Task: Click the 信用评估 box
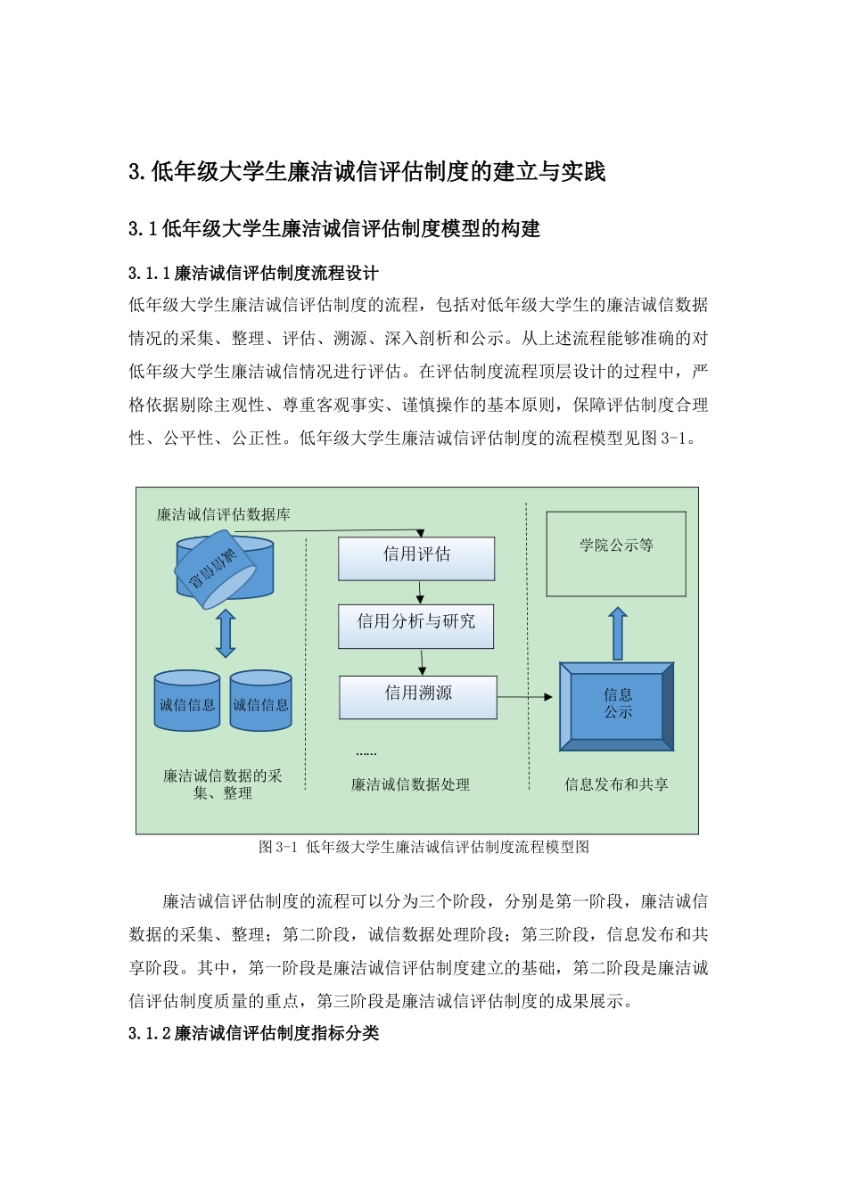(x=416, y=559)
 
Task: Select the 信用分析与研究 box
(x=415, y=626)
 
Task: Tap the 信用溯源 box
(x=417, y=697)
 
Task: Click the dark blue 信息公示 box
(x=617, y=705)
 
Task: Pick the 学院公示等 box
(x=616, y=554)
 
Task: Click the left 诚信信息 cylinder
(x=187, y=702)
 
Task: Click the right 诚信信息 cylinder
(x=260, y=702)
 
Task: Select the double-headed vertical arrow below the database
(x=226, y=634)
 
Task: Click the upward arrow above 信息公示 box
(x=617, y=633)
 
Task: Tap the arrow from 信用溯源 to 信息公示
(x=526, y=697)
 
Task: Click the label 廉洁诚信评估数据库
(x=224, y=514)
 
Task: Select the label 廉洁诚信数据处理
(x=410, y=784)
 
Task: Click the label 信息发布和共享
(x=616, y=784)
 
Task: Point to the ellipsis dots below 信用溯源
(x=366, y=753)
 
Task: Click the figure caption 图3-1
(x=276, y=847)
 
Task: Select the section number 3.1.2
(x=149, y=1033)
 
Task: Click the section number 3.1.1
(x=149, y=273)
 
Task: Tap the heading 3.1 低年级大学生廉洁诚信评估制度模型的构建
(x=334, y=229)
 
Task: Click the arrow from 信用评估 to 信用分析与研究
(x=420, y=593)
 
